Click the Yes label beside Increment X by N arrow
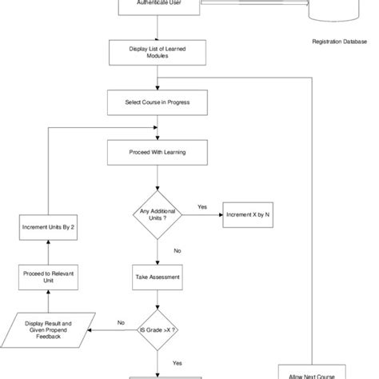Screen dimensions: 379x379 pos(201,207)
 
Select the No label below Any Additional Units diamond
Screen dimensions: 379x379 pos(177,250)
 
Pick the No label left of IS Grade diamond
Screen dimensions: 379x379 pos(121,322)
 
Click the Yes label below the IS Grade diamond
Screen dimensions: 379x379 pos(177,361)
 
